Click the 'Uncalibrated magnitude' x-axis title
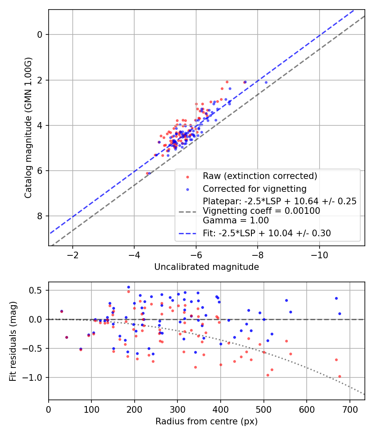pos(207,267)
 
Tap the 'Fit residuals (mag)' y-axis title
pos(13,341)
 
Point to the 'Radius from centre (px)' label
pos(207,421)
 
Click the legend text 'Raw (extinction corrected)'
pos(260,176)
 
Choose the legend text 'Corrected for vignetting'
pos(254,189)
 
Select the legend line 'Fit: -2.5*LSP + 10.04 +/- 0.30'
pos(267,233)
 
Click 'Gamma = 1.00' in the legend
pos(236,220)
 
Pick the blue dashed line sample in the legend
pos(187,233)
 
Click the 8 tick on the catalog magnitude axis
pos(40,216)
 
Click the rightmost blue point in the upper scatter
pos(266,82)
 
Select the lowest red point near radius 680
pos(340,376)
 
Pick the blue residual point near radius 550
pos(286,300)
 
